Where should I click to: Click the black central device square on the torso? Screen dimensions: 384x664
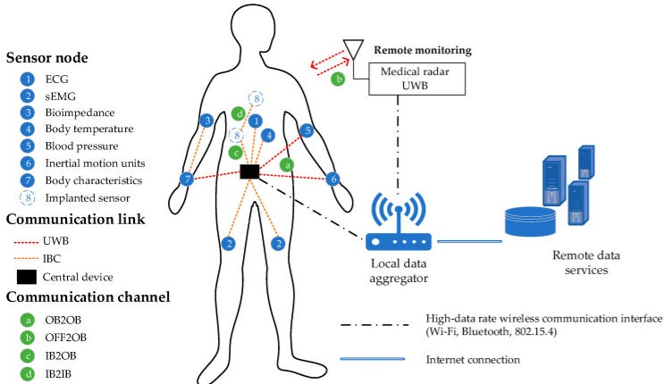[x=249, y=171]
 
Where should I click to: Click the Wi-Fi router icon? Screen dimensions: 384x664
[x=399, y=230]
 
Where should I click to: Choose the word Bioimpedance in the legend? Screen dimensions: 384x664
[x=78, y=113]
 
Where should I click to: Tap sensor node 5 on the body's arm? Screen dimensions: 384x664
[x=307, y=130]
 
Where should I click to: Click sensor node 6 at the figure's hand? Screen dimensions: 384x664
[x=334, y=179]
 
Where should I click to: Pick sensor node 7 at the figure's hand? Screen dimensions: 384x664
[x=187, y=179]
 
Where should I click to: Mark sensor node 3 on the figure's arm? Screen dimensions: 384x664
[x=206, y=121]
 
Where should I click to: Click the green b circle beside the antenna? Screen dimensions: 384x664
[x=338, y=79]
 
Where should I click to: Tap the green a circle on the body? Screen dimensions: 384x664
[x=287, y=164]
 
